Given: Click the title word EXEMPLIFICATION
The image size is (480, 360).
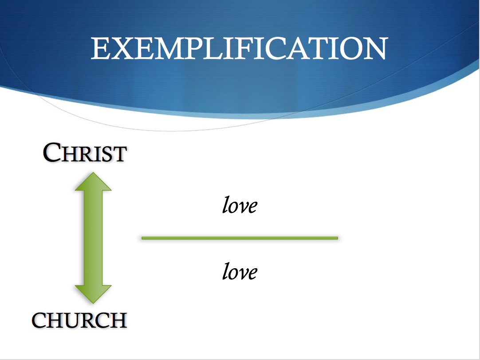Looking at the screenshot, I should coord(240,48).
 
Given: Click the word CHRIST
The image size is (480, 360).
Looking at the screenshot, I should coord(85,153).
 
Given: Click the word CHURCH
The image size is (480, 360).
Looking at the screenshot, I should coord(79,320).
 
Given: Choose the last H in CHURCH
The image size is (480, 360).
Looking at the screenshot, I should coord(118,320).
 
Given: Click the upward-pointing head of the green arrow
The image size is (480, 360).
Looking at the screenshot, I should coord(93,181).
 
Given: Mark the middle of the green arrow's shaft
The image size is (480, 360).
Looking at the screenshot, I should coord(93,238).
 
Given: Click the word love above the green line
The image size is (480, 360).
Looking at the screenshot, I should coord(240,206).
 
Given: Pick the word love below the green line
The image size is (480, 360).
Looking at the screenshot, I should coord(240,271).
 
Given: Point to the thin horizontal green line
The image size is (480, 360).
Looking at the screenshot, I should coord(240,238).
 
